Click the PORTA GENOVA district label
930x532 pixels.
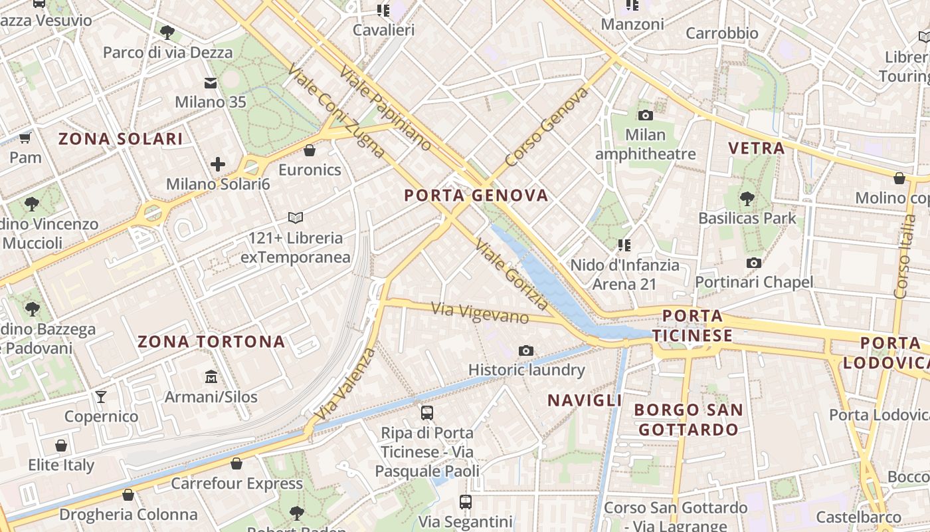click(x=476, y=196)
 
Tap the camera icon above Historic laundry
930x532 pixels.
click(x=526, y=350)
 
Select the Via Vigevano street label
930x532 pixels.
click(x=480, y=313)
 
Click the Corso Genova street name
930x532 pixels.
click(x=547, y=127)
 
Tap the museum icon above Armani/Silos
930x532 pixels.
click(x=211, y=376)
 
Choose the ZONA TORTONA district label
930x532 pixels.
click(x=211, y=342)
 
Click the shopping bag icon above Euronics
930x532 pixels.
click(x=310, y=150)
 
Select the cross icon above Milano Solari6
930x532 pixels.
click(x=218, y=164)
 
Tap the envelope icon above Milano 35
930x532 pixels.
click(x=211, y=83)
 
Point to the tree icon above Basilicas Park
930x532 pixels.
click(x=747, y=198)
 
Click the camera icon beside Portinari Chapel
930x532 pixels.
click(x=753, y=263)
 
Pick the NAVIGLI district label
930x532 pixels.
click(x=585, y=400)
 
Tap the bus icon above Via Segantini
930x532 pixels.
click(x=466, y=502)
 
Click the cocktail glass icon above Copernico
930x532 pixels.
click(x=101, y=397)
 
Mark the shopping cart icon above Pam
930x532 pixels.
click(x=25, y=138)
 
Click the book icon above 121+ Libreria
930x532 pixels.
click(x=296, y=217)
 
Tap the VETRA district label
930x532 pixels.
click(x=757, y=148)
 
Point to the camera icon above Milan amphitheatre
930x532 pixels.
click(x=645, y=116)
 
